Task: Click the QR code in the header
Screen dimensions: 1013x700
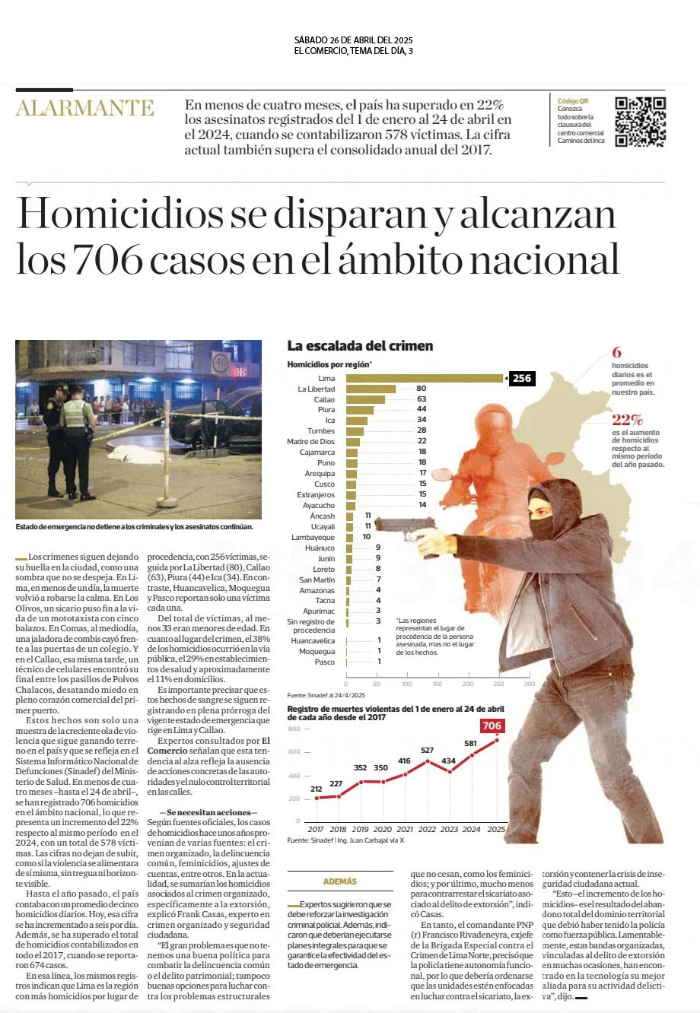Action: tap(640, 122)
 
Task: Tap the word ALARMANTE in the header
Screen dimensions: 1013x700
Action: tap(84, 108)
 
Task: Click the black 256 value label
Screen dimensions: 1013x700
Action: tap(521, 378)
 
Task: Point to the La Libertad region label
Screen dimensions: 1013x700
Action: tap(316, 389)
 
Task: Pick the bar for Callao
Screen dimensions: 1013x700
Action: tap(366, 399)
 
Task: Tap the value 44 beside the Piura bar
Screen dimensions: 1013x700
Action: tap(422, 410)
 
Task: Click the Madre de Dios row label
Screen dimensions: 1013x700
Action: tap(310, 442)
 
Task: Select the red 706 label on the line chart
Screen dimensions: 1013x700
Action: tap(492, 726)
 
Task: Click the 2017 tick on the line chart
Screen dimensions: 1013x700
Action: tap(316, 829)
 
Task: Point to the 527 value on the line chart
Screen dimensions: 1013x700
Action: tap(427, 750)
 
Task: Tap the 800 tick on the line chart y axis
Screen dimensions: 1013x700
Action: tap(294, 729)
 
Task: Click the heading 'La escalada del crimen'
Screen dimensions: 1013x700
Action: tap(360, 346)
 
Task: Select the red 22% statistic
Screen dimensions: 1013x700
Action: tap(627, 420)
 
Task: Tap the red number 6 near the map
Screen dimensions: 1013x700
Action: tap(616, 353)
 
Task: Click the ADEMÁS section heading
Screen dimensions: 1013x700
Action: tap(339, 881)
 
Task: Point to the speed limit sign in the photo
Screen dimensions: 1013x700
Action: tap(221, 364)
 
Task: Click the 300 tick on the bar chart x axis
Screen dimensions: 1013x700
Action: tap(530, 684)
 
